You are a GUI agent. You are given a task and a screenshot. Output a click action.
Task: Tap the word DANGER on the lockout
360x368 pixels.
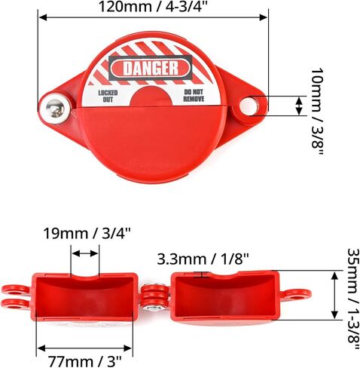[x=150, y=69]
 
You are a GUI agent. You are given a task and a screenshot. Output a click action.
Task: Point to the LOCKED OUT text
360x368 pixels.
[x=108, y=95]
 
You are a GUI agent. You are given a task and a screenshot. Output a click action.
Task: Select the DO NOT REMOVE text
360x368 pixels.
[x=194, y=95]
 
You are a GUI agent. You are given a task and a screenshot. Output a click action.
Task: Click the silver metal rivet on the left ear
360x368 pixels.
[x=54, y=107]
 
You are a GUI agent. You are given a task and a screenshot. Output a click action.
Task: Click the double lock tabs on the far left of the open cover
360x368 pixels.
[x=15, y=296]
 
